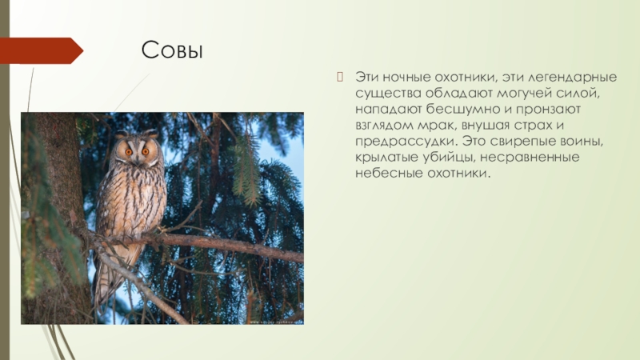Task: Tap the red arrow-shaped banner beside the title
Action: click(40, 50)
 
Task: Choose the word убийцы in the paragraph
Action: click(443, 157)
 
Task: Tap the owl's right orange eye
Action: click(146, 150)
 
